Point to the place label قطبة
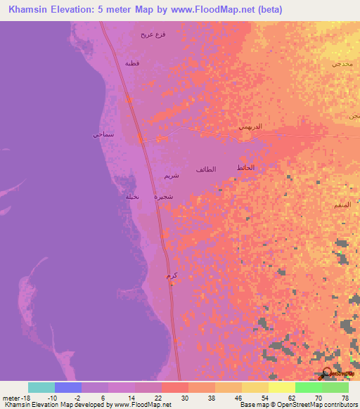pyautogui.click(x=132, y=63)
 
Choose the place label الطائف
pyautogui.click(x=206, y=169)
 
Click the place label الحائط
pyautogui.click(x=245, y=167)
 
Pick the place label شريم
pyautogui.click(x=171, y=175)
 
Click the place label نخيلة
pyautogui.click(x=132, y=196)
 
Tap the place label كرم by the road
pyautogui.click(x=169, y=276)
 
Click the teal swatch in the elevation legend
pyautogui.click(x=41, y=387)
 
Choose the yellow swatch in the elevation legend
pyautogui.click(x=282, y=387)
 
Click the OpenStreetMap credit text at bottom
pyautogui.click(x=317, y=405)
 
